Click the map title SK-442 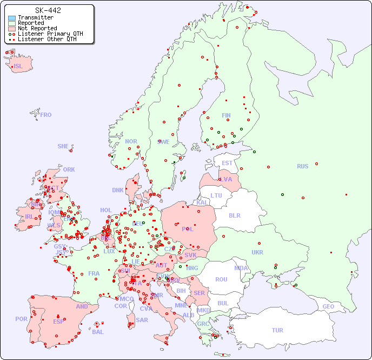(x=48, y=10)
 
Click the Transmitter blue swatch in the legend (x=12, y=18)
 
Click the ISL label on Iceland (x=18, y=67)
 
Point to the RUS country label (x=302, y=166)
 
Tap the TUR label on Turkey (x=277, y=330)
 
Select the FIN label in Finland (x=226, y=115)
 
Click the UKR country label (x=257, y=252)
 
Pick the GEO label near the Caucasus (x=328, y=306)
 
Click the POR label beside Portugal (x=21, y=319)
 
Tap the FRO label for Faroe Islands (x=46, y=115)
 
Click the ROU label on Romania (x=221, y=279)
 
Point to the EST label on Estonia (x=227, y=163)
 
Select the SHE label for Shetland (x=63, y=146)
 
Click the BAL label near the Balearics (x=98, y=332)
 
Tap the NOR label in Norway (x=131, y=141)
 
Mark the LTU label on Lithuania (x=216, y=195)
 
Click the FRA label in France (x=94, y=273)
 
